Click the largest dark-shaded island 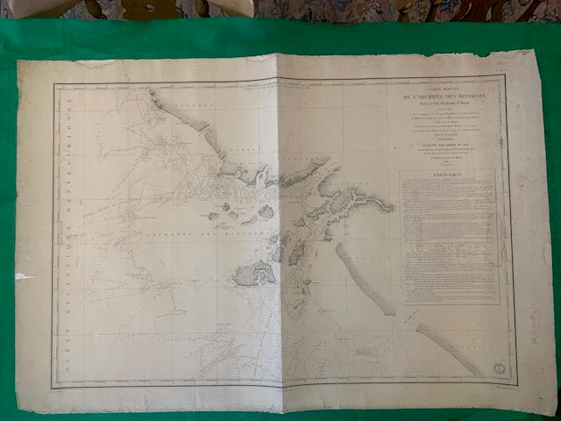(x=253, y=275)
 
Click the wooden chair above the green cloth (x=167, y=9)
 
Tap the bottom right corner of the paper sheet (x=553, y=412)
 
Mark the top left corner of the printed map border (x=54, y=85)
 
